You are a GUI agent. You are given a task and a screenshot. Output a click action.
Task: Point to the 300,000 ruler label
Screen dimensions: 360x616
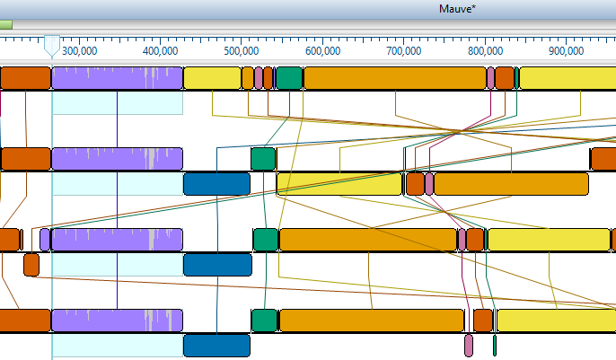click(x=79, y=51)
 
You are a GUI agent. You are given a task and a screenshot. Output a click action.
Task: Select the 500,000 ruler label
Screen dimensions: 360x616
click(x=242, y=51)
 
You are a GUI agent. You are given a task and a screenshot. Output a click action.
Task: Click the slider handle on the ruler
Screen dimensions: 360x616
click(x=53, y=46)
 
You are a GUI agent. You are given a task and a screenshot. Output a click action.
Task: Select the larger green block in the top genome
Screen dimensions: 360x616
click(x=288, y=78)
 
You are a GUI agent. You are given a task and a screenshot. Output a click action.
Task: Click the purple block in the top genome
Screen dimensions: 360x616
click(x=117, y=78)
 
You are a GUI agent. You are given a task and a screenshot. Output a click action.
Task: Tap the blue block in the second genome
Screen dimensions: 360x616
click(x=216, y=184)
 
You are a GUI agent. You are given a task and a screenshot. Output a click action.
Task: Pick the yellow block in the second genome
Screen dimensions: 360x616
click(x=339, y=184)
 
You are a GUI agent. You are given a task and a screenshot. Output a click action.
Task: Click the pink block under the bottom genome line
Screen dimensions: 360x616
click(x=468, y=345)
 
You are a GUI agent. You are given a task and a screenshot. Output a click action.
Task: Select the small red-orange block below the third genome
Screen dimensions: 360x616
click(x=31, y=264)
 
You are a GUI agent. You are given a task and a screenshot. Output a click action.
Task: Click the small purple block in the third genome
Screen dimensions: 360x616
click(x=45, y=240)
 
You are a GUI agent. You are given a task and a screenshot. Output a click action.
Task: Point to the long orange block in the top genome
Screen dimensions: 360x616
click(x=394, y=78)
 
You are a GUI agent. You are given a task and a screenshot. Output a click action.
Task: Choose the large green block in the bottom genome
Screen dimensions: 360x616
click(x=264, y=320)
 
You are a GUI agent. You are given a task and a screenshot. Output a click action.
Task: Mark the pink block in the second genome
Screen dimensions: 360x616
click(x=429, y=184)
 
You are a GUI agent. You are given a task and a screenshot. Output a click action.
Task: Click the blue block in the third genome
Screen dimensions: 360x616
click(x=217, y=264)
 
